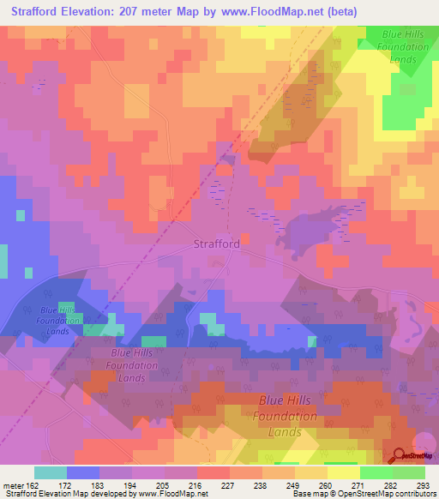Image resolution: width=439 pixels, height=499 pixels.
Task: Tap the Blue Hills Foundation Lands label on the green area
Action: (396, 47)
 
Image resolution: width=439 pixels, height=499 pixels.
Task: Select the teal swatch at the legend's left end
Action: (50, 472)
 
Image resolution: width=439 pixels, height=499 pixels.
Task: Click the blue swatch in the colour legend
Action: (82, 472)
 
